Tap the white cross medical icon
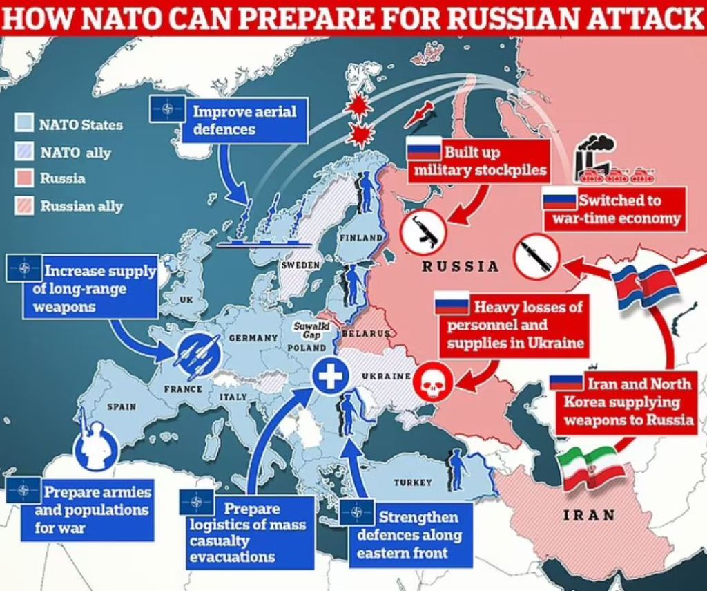pos(329,377)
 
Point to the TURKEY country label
pos(413,482)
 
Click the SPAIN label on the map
pos(121,407)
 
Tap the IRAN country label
pos(589,514)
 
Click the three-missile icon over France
pos(198,353)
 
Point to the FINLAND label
pos(360,237)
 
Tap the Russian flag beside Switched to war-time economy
pos(559,200)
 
